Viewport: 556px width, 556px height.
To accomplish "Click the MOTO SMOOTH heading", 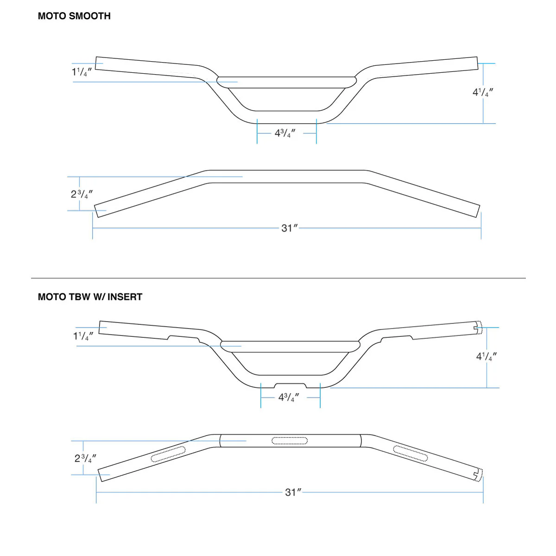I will tap(74, 16).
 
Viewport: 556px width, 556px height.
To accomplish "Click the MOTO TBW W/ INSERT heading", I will tap(90, 297).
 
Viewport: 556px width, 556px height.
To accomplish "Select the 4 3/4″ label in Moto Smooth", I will tap(285, 133).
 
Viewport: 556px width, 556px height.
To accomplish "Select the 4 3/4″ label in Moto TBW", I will tap(289, 398).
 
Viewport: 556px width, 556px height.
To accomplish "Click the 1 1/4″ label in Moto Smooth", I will tap(82, 72).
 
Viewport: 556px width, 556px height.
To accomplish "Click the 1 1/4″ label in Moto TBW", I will tap(83, 336).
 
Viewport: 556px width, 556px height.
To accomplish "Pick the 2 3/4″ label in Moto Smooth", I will tap(82, 194).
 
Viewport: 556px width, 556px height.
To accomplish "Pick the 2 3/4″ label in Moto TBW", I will tap(85, 458).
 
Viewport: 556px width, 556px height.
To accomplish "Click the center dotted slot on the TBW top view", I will tap(290, 441).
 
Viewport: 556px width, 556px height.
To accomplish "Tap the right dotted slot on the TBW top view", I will tap(410, 453).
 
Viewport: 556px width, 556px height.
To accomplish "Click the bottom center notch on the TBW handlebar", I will tap(290, 385).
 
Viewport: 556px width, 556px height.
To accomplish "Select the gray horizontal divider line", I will tap(278, 278).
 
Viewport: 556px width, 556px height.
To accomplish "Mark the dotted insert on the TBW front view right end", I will tap(480, 328).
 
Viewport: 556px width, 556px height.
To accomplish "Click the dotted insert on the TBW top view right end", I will tap(480, 475).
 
